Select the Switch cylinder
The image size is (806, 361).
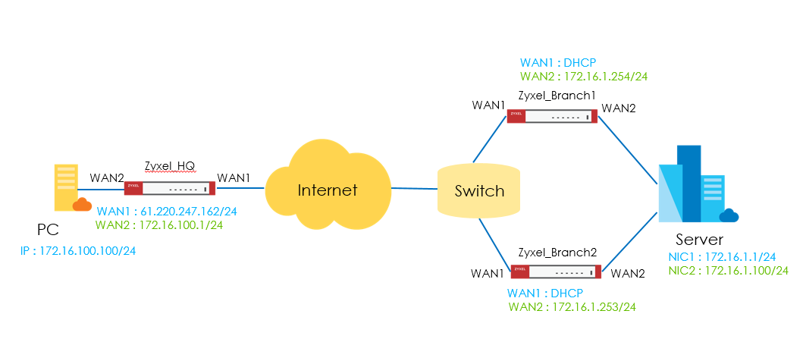coord(479,190)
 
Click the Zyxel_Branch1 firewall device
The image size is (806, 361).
coord(551,116)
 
